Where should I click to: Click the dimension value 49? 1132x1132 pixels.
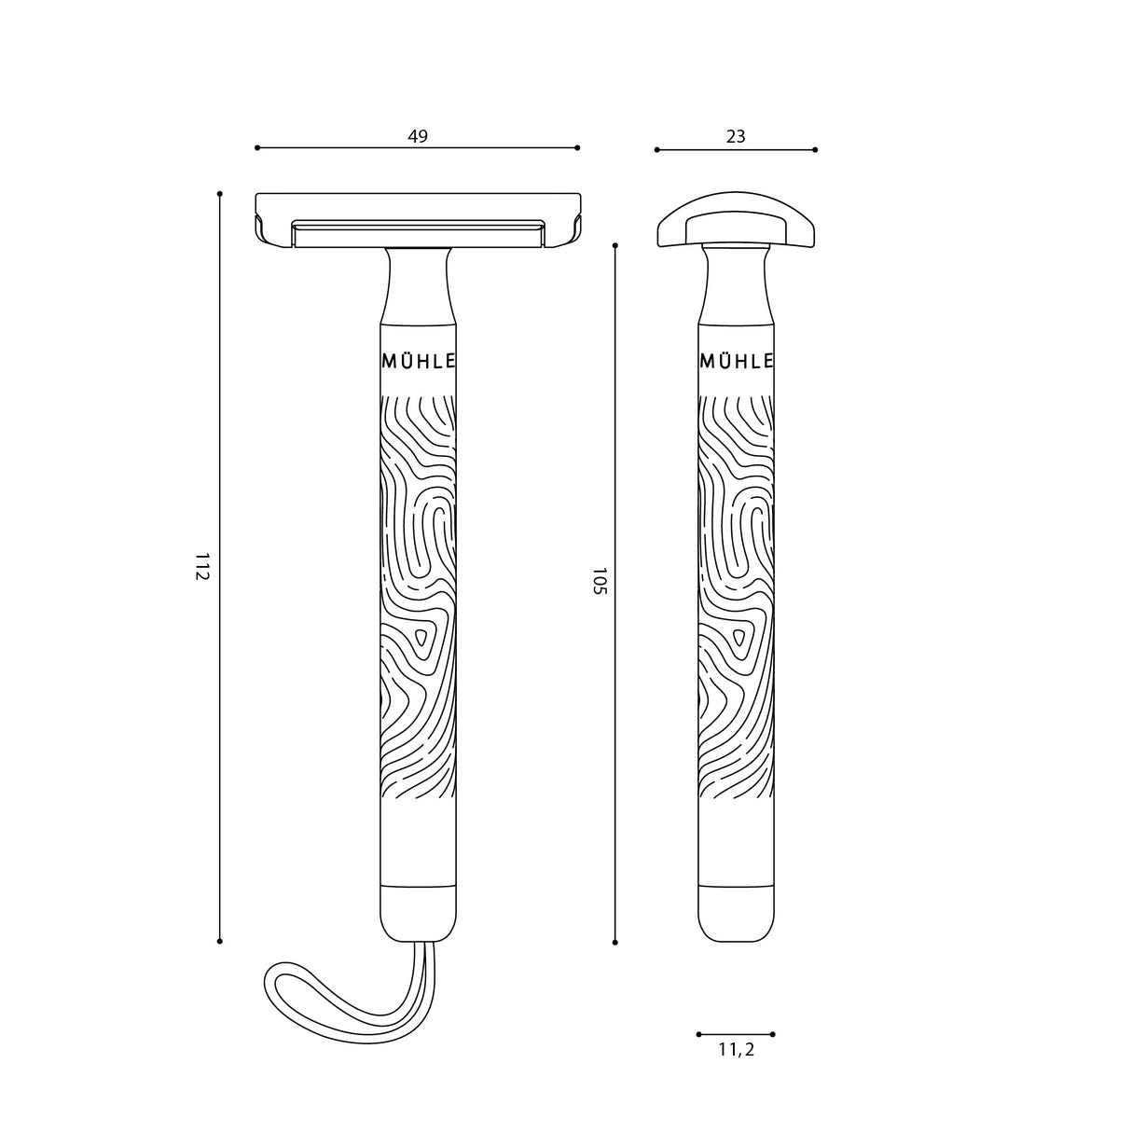coord(418,136)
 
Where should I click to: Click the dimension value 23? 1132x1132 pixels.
coord(736,137)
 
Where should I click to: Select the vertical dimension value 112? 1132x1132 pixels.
coord(202,566)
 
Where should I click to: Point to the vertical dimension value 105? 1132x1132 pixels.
coord(599,580)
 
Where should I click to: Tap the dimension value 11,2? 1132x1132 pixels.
coord(736,1050)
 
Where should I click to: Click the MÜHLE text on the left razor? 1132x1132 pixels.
coord(419,362)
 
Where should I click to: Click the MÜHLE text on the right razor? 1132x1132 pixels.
coord(736,362)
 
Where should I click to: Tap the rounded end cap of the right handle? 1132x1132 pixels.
coord(736,914)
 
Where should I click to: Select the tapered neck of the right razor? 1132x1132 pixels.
coord(736,285)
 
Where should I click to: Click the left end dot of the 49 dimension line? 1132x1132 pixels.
coord(257,147)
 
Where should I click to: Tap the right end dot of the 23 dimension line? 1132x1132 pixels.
coord(815,149)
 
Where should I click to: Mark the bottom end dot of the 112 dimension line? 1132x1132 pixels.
coord(220,941)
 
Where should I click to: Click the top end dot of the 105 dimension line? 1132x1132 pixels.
coord(615,245)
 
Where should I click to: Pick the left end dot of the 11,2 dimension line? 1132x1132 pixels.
coord(698,1034)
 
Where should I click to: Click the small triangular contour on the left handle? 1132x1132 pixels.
coord(421,639)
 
